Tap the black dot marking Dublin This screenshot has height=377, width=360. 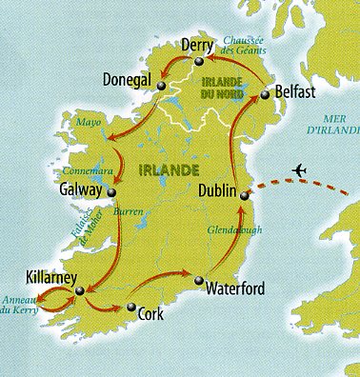(244, 195)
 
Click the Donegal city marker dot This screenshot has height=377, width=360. (161, 86)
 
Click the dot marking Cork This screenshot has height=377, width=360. (130, 307)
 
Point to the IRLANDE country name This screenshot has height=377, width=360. (168, 169)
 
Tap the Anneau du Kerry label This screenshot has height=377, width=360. (20, 309)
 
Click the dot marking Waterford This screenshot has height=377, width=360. (198, 281)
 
